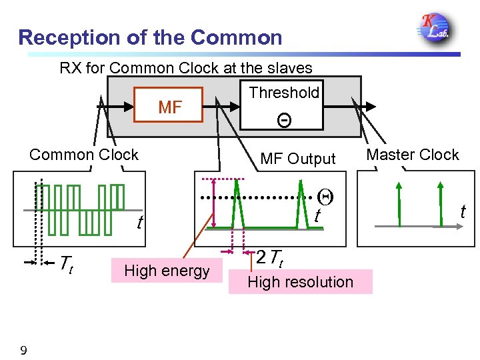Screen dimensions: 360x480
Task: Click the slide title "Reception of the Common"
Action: [150, 37]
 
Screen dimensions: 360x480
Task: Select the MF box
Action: [169, 106]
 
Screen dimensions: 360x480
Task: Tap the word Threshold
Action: [284, 93]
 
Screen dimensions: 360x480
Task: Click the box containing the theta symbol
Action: [284, 119]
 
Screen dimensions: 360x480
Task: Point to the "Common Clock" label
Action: [84, 155]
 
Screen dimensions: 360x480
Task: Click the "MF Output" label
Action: [297, 159]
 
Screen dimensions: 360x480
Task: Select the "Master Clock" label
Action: [413, 155]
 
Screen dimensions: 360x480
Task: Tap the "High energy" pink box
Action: [167, 270]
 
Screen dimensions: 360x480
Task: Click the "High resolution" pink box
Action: [300, 281]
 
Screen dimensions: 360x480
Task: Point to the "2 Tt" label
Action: [270, 257]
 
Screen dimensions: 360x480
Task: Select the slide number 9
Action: [23, 349]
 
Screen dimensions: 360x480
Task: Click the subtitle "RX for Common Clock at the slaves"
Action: [186, 67]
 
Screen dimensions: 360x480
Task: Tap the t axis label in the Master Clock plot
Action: [463, 212]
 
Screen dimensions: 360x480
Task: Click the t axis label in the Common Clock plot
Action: [139, 222]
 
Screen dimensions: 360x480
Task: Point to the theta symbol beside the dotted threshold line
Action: [325, 197]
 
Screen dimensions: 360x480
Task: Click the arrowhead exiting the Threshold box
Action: [373, 106]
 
